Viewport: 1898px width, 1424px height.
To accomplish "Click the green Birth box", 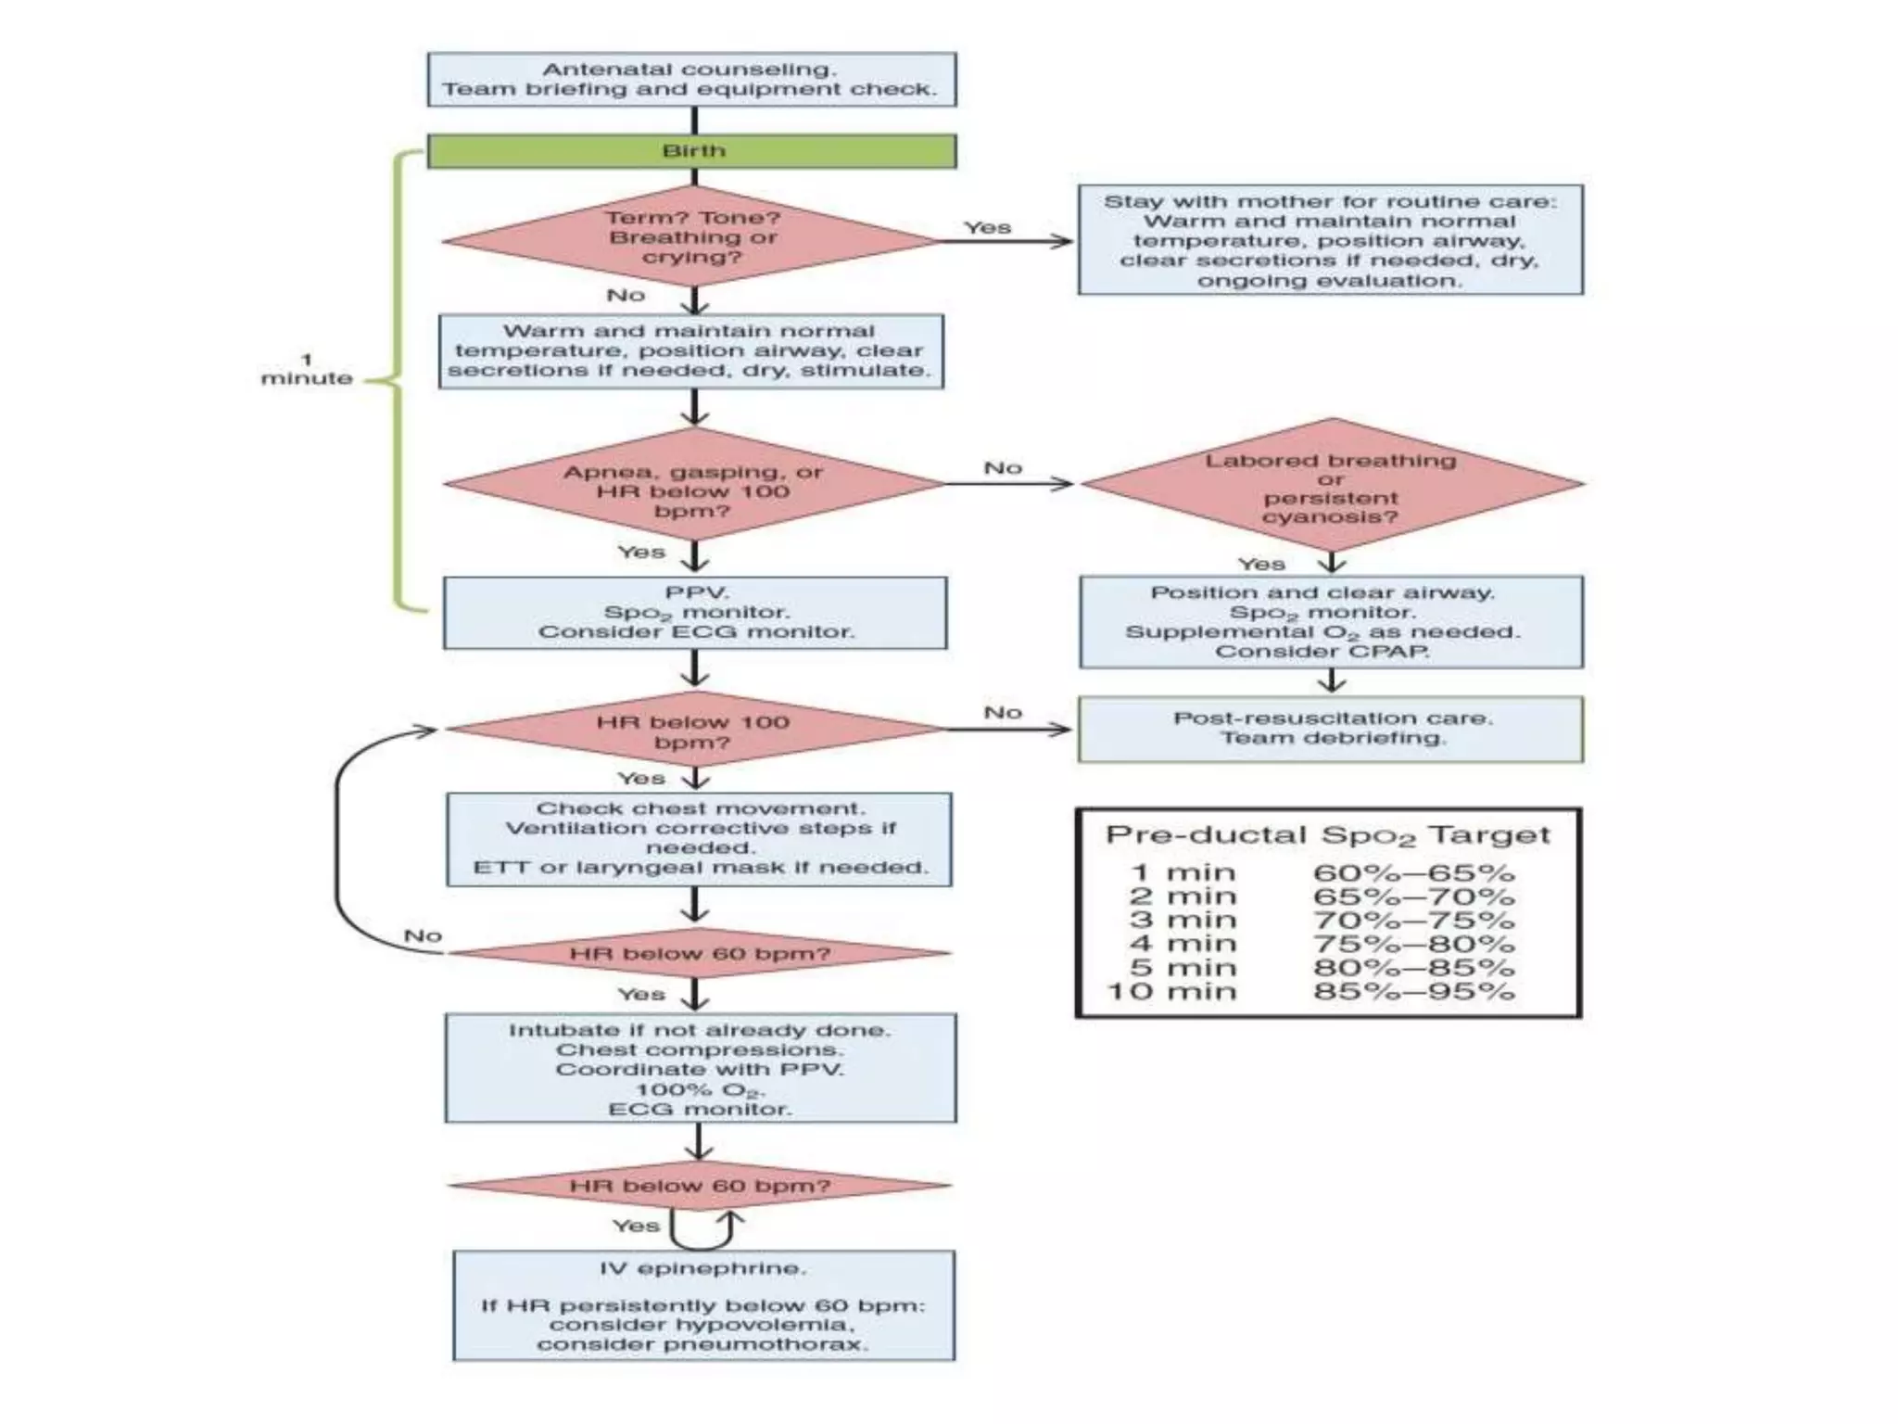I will (x=691, y=151).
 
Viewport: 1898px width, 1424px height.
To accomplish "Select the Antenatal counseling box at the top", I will (x=691, y=80).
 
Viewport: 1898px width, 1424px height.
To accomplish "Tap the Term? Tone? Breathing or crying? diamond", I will (x=693, y=239).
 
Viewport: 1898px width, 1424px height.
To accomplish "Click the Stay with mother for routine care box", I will (x=1330, y=240).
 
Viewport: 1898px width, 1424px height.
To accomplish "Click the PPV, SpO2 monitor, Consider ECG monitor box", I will (x=695, y=613).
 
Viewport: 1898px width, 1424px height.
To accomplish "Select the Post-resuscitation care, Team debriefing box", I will (x=1331, y=729).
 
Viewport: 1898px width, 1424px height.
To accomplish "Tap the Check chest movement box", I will (x=699, y=839).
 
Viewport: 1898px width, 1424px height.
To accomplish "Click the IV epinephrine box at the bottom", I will (x=703, y=1305).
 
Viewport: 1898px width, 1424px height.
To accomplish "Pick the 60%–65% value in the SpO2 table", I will (x=1413, y=873).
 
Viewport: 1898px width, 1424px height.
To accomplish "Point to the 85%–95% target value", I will (x=1413, y=992).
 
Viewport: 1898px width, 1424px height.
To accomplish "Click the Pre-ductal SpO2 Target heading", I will (x=1327, y=835).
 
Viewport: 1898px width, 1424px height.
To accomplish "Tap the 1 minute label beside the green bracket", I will (x=307, y=369).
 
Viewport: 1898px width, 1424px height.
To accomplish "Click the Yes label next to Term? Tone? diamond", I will (x=987, y=227).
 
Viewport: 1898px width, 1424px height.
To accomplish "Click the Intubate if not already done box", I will (x=700, y=1068).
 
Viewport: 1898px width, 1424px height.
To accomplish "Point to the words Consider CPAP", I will (x=1322, y=652).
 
